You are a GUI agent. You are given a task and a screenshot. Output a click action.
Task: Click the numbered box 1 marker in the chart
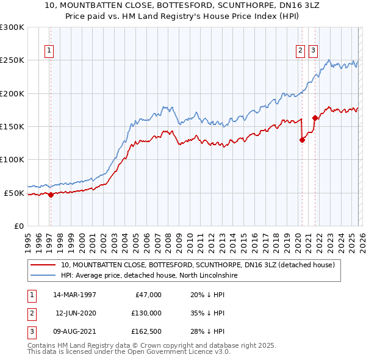coord(49,51)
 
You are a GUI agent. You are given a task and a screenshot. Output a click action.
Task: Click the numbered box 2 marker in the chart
coord(301,51)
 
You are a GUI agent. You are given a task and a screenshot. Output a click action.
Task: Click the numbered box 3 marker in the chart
coord(313,51)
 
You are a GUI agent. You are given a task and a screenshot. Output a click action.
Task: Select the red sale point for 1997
coord(51,195)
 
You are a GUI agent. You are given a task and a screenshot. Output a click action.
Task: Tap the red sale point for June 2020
coord(302,140)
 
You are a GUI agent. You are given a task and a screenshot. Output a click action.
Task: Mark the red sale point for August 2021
coord(315,118)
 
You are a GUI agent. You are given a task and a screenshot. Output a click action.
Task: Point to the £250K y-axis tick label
coord(12,60)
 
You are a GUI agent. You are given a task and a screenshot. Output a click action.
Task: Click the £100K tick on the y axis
coord(12,160)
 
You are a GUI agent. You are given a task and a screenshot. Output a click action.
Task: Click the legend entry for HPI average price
coord(151,276)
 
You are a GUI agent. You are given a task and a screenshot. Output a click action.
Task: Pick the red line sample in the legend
coord(43,265)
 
